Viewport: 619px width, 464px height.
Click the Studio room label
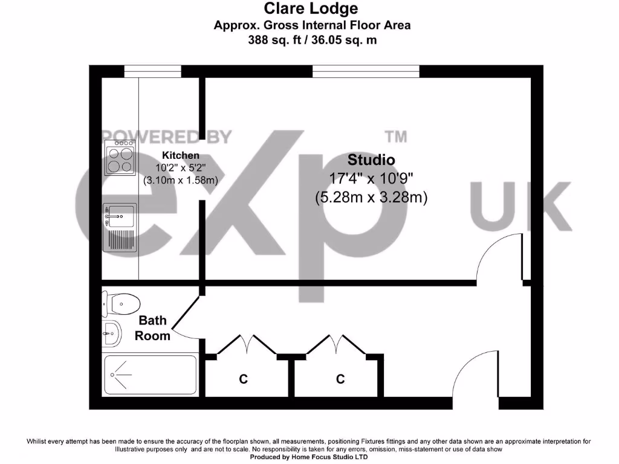tap(371, 160)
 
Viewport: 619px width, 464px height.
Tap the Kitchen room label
tap(180, 156)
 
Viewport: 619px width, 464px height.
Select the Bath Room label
tap(152, 328)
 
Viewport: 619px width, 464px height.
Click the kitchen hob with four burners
tap(120, 158)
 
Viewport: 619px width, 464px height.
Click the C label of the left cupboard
tap(243, 379)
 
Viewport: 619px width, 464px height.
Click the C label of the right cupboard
tap(340, 379)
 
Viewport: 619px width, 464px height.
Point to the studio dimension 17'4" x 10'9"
tap(371, 178)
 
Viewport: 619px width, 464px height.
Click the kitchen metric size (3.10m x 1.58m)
tap(180, 180)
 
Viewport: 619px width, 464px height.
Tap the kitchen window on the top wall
tap(152, 71)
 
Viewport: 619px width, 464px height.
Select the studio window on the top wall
tap(366, 71)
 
